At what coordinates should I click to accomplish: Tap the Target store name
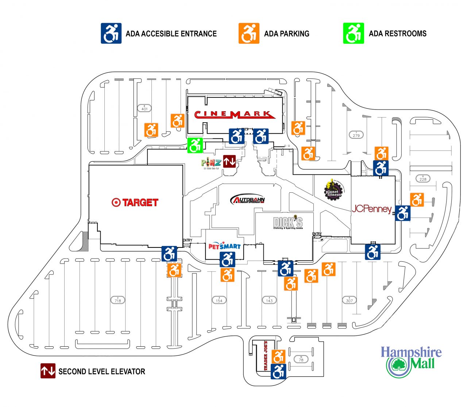click(135, 203)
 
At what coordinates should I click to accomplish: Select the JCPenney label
click(371, 209)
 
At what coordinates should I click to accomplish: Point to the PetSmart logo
click(224, 246)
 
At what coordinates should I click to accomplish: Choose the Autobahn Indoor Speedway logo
click(248, 199)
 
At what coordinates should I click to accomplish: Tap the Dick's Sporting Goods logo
click(288, 223)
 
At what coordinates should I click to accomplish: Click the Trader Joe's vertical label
click(266, 356)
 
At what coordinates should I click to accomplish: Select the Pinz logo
click(211, 163)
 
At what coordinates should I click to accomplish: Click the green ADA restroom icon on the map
click(195, 145)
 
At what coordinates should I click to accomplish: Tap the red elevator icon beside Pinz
click(229, 161)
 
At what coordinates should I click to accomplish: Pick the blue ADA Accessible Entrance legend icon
click(111, 34)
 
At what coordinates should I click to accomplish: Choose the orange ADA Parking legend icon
click(249, 34)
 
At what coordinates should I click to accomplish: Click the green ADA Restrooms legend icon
click(353, 34)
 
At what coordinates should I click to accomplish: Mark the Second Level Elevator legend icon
click(48, 371)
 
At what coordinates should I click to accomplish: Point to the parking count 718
click(117, 300)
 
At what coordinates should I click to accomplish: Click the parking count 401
click(144, 108)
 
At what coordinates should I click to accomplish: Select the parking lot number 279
click(356, 135)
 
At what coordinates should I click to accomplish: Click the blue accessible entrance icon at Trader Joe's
click(278, 372)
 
